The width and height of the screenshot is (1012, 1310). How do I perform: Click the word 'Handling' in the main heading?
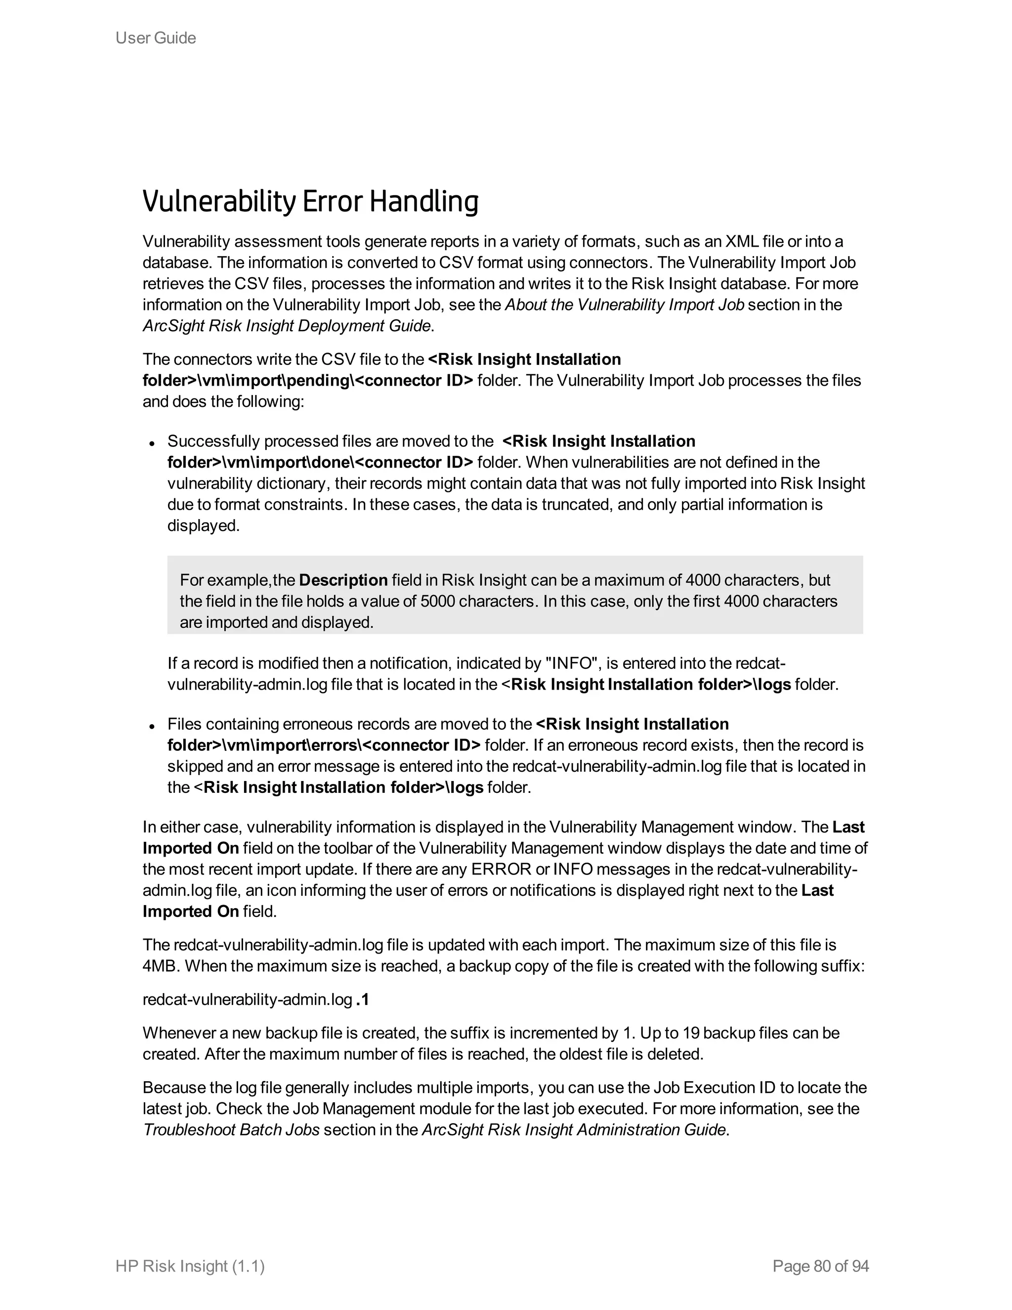coord(423,202)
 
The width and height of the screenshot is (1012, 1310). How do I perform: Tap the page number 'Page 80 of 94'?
coord(820,1266)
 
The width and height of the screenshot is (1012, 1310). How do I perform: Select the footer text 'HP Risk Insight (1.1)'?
coord(190,1266)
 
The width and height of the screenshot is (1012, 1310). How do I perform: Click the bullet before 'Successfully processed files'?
coord(152,443)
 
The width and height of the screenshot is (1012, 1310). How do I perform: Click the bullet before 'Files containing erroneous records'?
coord(152,726)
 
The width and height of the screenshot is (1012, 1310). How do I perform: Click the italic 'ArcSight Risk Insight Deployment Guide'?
coord(287,326)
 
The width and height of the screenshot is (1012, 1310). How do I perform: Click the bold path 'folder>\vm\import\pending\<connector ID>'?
coord(307,380)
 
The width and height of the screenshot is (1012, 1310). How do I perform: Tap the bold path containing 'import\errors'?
coord(324,745)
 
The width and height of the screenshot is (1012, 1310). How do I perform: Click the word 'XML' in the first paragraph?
coord(742,242)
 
